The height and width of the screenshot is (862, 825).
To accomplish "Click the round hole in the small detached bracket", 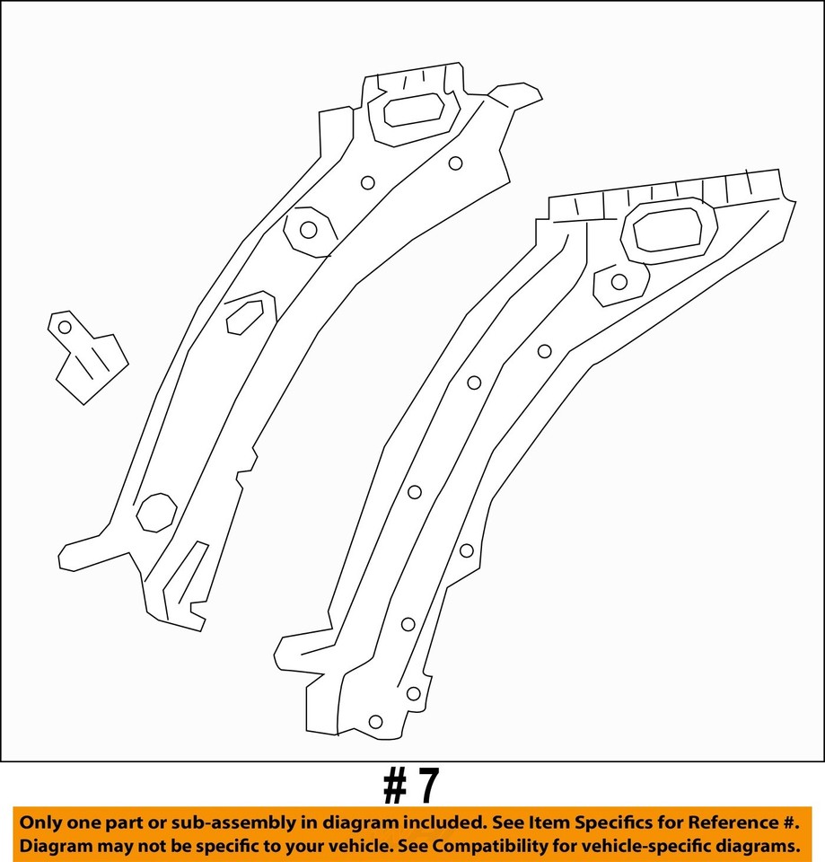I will pos(65,328).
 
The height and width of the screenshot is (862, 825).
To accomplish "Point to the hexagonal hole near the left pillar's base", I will pos(155,512).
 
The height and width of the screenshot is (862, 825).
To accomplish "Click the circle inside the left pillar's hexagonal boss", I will pos(308,230).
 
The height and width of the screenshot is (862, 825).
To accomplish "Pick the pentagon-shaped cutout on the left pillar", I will pos(244,314).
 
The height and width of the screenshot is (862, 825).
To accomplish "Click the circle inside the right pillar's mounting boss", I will pos(619,282).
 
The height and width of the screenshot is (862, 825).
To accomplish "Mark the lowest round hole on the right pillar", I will pos(375,722).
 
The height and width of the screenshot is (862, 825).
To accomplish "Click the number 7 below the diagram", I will pos(428,787).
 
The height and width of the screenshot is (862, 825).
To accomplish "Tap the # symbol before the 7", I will pos(395,787).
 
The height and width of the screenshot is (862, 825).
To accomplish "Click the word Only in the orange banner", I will pos(41,822).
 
